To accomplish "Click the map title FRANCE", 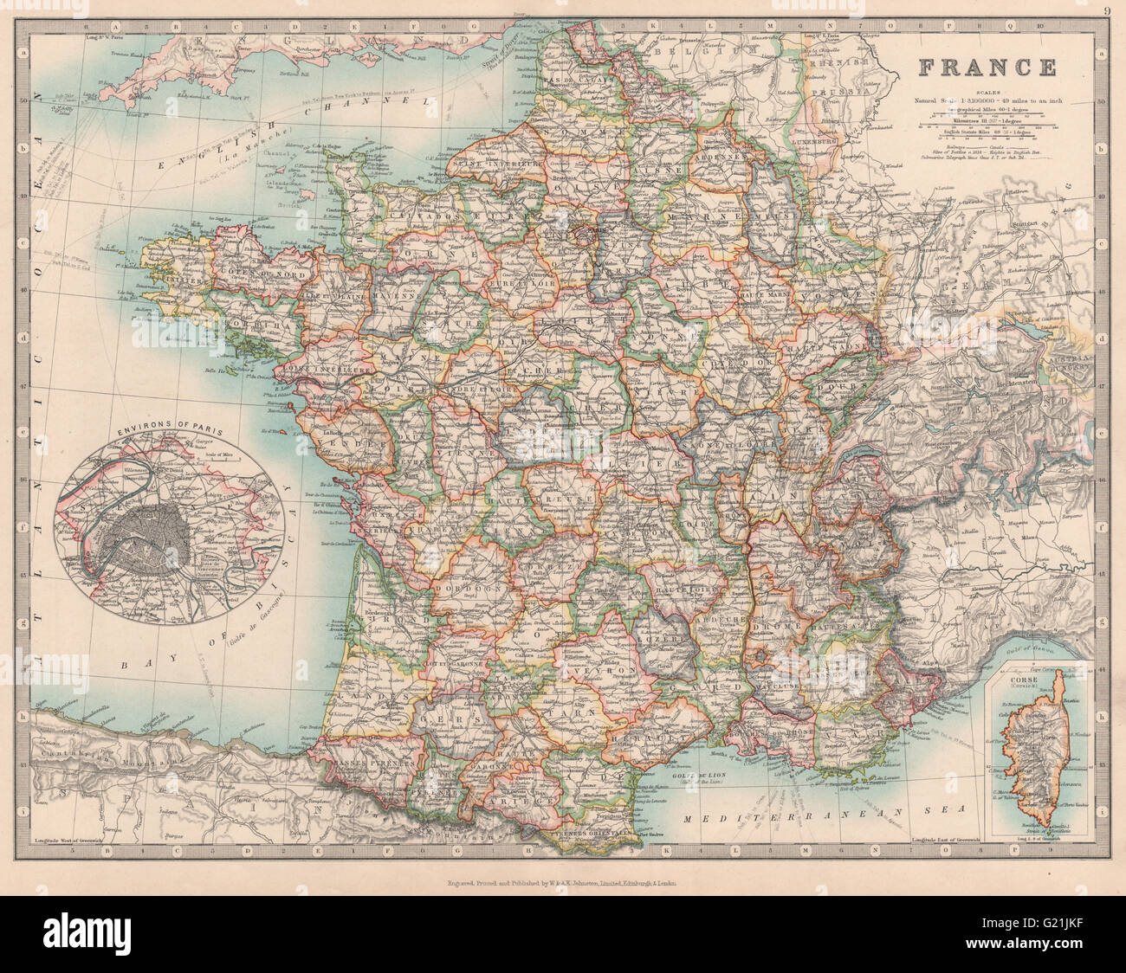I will click(987, 68).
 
